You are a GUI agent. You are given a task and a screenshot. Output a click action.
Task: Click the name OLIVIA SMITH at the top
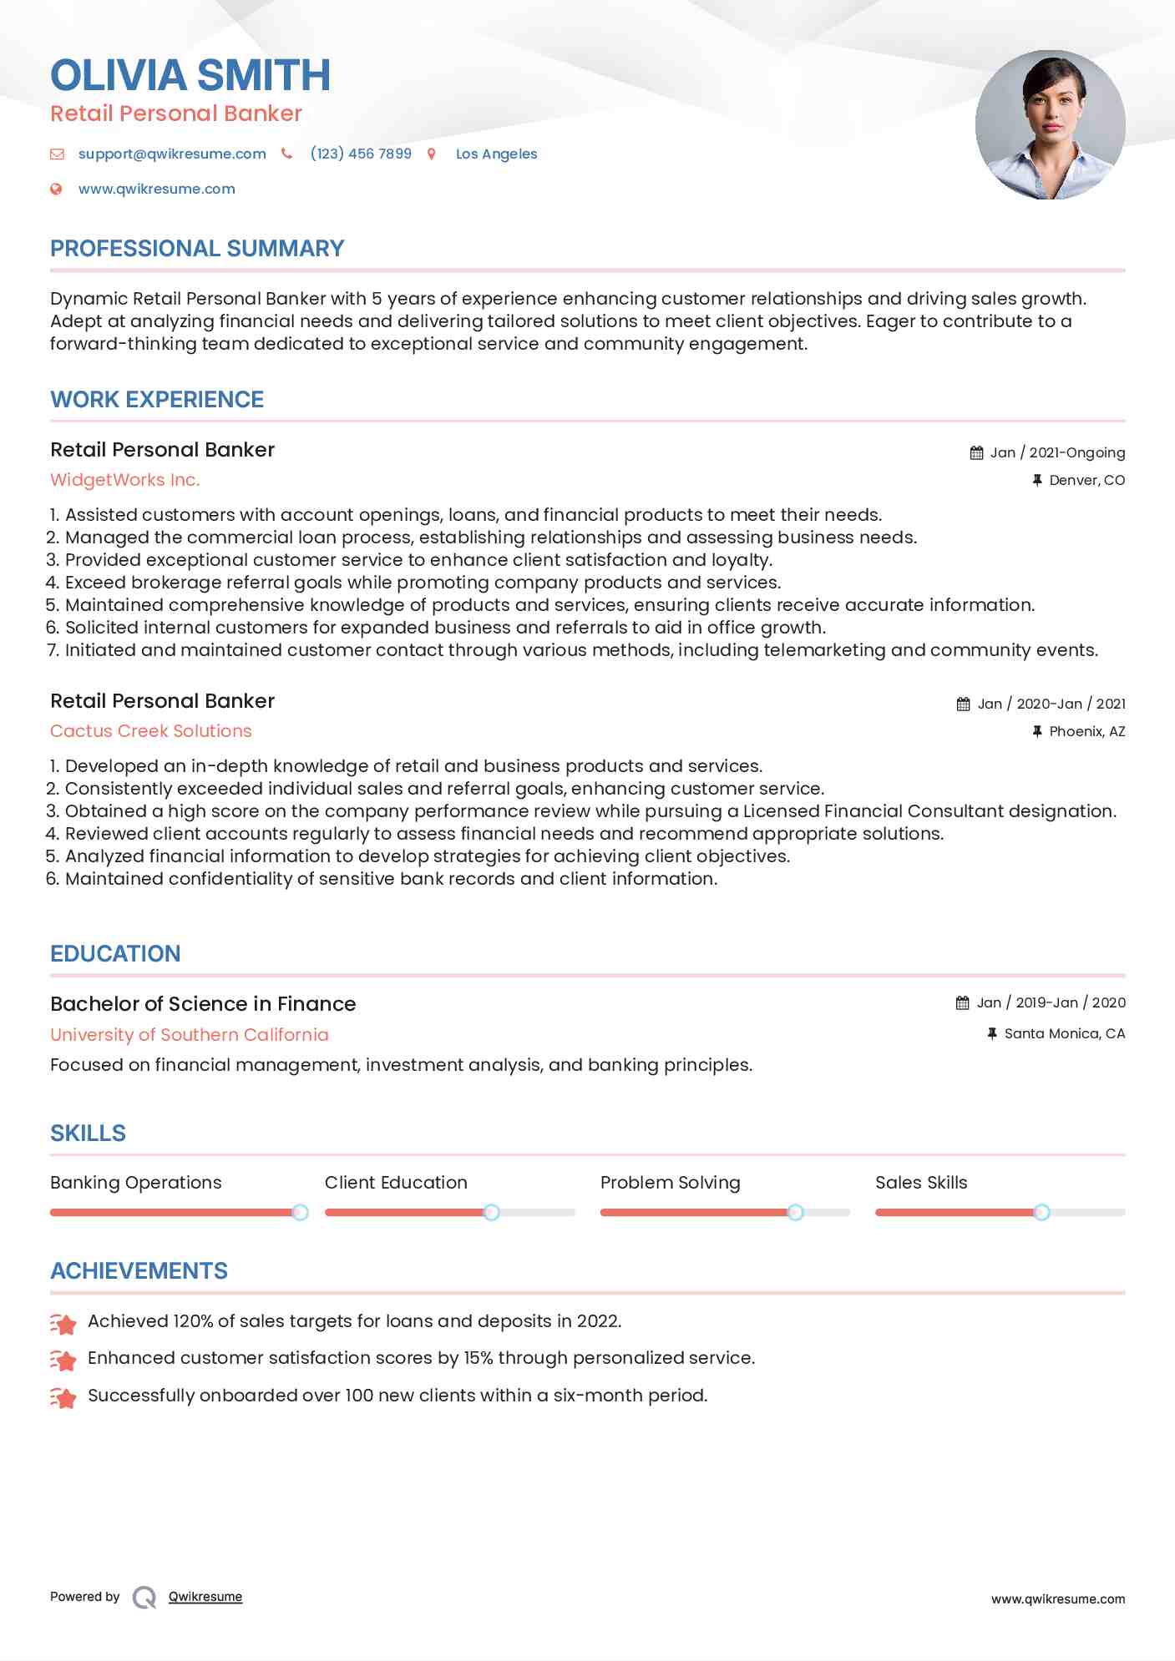pos(190,75)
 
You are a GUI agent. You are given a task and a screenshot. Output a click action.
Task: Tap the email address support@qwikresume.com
pos(172,154)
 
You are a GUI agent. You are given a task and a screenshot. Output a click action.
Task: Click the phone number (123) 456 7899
pos(361,154)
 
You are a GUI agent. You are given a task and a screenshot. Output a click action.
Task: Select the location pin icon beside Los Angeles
pos(432,154)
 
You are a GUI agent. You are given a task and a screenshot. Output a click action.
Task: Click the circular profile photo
pos(1050,125)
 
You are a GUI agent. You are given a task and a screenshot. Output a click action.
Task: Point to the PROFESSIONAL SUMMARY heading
pos(197,249)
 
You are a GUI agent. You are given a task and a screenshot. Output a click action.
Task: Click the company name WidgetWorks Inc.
pos(125,480)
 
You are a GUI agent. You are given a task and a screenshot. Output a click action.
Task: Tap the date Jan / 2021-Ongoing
pos(1057,452)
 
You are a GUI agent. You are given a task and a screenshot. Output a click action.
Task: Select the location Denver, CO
pos(1086,480)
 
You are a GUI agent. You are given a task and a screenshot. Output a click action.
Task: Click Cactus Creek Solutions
pos(151,731)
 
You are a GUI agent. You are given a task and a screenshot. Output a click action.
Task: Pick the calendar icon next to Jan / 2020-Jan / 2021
pos(963,704)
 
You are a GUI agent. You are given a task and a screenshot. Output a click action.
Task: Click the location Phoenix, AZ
pos(1086,731)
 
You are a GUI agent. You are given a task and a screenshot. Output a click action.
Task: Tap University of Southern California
pos(190,1035)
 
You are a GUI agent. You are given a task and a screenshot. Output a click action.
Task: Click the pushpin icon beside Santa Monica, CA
pos(992,1033)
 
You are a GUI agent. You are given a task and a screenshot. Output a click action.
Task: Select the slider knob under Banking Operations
pos(300,1212)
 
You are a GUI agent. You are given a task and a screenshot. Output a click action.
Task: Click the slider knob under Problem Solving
pos(796,1212)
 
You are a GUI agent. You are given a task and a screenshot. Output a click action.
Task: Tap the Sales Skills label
pos(921,1183)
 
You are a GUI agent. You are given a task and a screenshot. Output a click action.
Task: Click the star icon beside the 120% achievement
pos(63,1323)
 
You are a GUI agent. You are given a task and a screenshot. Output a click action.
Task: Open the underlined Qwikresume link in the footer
pos(205,1597)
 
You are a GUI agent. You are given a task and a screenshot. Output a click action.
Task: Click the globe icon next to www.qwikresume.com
pos(56,189)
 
